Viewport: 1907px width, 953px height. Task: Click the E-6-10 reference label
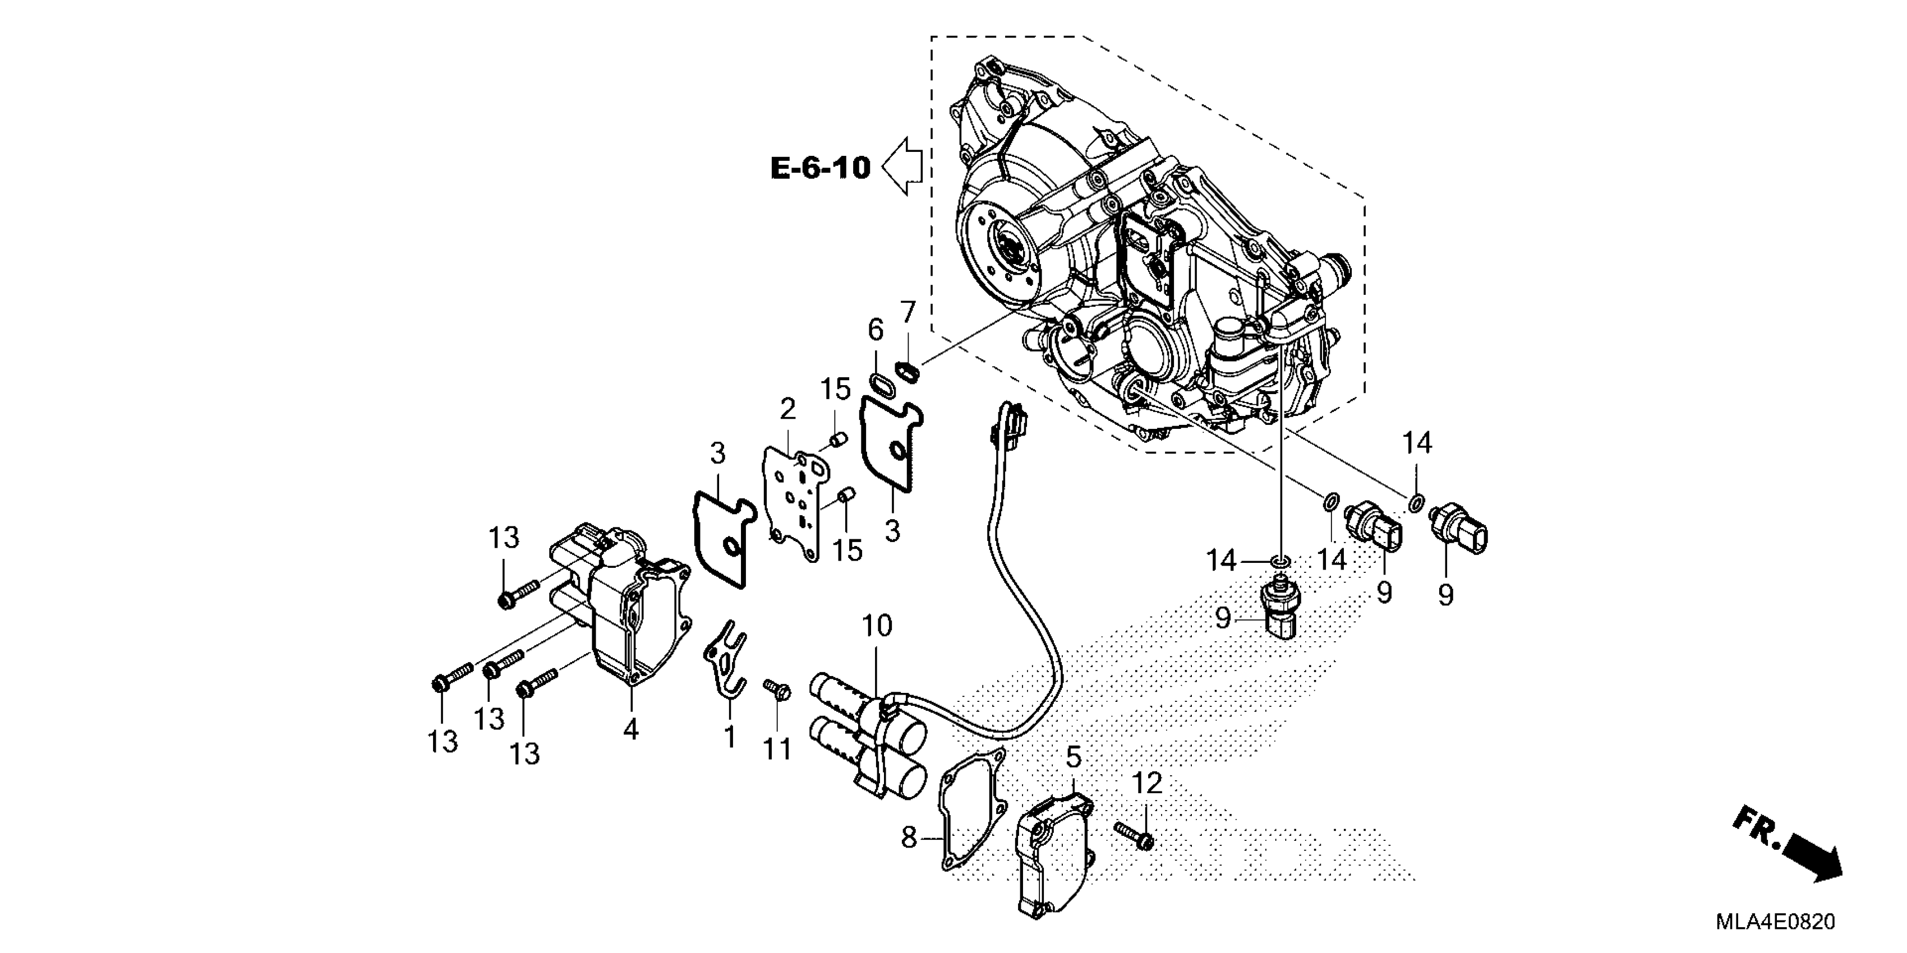coord(820,168)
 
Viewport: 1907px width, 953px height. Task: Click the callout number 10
coord(877,627)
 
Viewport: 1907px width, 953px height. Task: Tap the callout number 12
coord(1148,783)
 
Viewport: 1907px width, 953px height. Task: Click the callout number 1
coord(730,737)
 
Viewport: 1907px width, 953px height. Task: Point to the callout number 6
coord(876,330)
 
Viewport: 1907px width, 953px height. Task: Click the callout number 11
coord(778,750)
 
